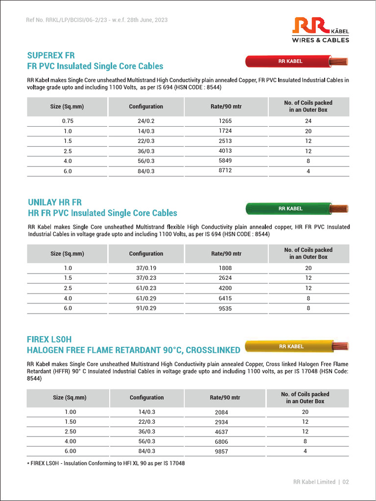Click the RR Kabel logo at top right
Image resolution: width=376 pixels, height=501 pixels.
321,30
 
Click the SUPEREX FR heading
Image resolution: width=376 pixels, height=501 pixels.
51,55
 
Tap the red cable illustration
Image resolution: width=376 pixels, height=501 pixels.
296,62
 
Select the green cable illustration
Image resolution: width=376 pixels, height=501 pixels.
296,208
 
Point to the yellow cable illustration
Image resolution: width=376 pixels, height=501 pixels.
296,346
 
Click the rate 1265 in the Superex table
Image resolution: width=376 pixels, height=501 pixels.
226,121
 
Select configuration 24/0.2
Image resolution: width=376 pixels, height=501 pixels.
146,121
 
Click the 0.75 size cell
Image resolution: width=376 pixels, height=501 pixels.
67,121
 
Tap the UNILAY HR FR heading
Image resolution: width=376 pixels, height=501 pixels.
55,202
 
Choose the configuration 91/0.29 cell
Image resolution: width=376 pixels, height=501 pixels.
146,308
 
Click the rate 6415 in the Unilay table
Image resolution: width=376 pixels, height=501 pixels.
226,298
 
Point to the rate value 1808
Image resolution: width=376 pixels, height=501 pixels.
226,268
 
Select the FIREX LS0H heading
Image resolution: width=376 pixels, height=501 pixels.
53,339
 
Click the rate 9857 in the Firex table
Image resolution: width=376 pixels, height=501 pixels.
222,452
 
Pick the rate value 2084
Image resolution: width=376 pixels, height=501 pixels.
222,412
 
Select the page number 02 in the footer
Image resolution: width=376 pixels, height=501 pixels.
346,482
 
